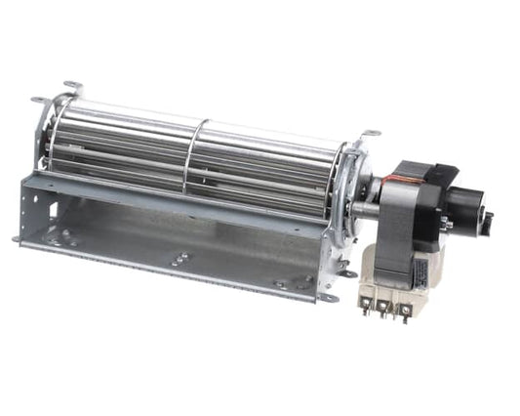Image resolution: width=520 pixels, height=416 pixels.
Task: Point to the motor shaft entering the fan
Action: tap(366, 207)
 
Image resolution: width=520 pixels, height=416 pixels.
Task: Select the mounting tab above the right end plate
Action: tap(370, 134)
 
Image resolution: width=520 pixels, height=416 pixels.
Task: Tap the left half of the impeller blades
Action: tap(127, 146)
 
